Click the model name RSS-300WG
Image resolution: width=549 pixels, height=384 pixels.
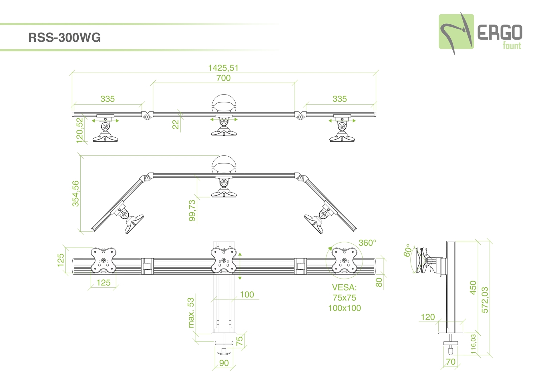pyautogui.click(x=64, y=38)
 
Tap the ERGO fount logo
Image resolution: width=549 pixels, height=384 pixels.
pyautogui.click(x=481, y=34)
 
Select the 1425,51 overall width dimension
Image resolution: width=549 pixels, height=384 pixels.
pyautogui.click(x=223, y=68)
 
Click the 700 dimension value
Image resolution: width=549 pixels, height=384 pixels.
pyautogui.click(x=223, y=78)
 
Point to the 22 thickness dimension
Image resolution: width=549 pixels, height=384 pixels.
pyautogui.click(x=176, y=124)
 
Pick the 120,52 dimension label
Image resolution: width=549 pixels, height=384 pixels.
pyautogui.click(x=80, y=130)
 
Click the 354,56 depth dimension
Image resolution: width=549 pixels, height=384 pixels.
pyautogui.click(x=75, y=193)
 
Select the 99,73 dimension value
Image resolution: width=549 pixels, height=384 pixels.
pyautogui.click(x=192, y=210)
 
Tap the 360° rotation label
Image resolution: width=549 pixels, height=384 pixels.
pyautogui.click(x=367, y=243)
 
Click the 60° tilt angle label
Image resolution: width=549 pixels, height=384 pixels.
pyautogui.click(x=407, y=250)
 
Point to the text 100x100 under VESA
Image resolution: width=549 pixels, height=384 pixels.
pyautogui.click(x=344, y=308)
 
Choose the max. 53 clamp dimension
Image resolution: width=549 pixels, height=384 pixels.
pyautogui.click(x=191, y=313)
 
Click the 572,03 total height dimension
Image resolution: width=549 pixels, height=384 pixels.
pyautogui.click(x=485, y=300)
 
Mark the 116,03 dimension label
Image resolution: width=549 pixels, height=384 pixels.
pyautogui.click(x=473, y=344)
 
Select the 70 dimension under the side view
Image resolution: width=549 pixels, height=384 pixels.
pyautogui.click(x=451, y=362)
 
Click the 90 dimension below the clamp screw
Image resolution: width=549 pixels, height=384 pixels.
pyautogui.click(x=224, y=363)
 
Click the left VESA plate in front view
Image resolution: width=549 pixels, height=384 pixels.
pyautogui.click(x=104, y=260)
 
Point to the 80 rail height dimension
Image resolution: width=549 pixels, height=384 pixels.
pyautogui.click(x=379, y=282)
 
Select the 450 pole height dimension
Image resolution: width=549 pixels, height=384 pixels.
pyautogui.click(x=473, y=287)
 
